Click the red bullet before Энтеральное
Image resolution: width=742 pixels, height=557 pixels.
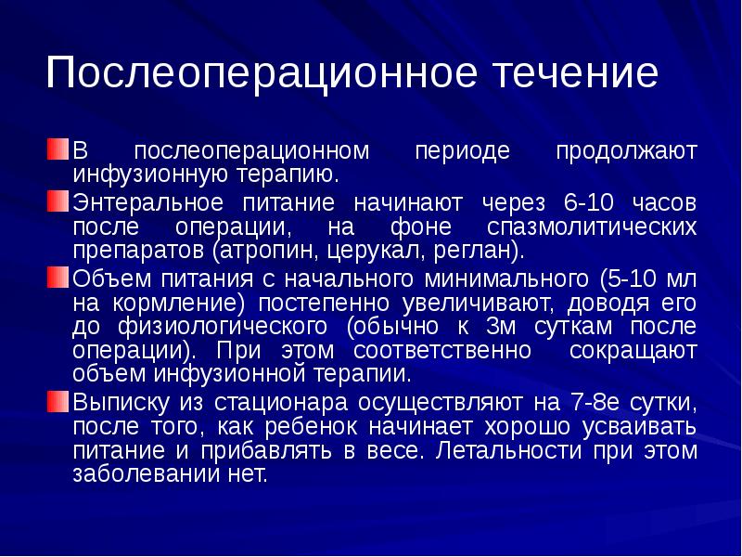pyautogui.click(x=58, y=201)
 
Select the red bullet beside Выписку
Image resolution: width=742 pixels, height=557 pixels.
pyautogui.click(x=58, y=402)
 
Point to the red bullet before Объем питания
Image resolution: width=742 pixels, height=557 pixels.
pyautogui.click(x=58, y=277)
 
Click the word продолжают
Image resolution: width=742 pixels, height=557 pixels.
pyautogui.click(x=626, y=151)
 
